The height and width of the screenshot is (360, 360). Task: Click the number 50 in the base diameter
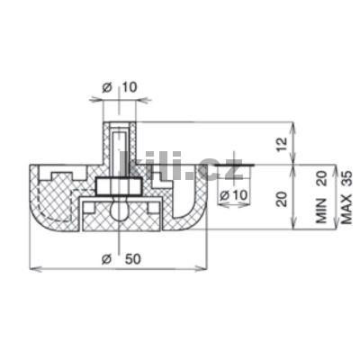[x=132, y=259]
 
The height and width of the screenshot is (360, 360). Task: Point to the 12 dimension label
[x=283, y=144]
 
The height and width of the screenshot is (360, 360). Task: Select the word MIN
[x=321, y=211]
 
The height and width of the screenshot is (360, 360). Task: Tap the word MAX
[x=346, y=210]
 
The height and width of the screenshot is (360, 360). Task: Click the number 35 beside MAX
[x=346, y=179]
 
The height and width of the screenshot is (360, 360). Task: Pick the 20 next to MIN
[x=321, y=179]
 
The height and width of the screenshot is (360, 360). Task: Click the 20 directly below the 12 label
[x=283, y=199]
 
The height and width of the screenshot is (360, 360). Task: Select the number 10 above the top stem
[x=130, y=87]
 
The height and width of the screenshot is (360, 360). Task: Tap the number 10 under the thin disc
[x=240, y=195]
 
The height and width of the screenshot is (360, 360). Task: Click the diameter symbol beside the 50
[x=106, y=259]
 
